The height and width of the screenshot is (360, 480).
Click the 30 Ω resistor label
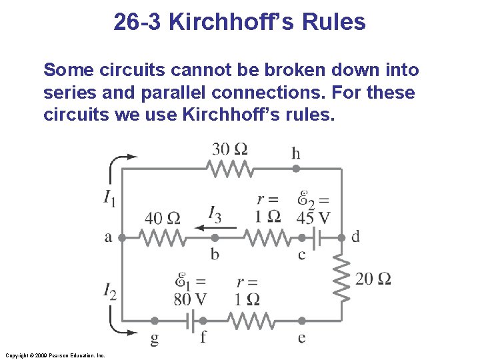pyautogui.click(x=230, y=149)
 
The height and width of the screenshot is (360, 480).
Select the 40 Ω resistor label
pyautogui.click(x=163, y=218)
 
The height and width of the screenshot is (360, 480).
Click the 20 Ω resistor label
pyautogui.click(x=373, y=279)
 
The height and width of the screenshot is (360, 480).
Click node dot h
pyautogui.click(x=296, y=169)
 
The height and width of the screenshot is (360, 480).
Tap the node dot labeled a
pyautogui.click(x=122, y=237)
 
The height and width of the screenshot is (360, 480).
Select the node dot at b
pyautogui.click(x=215, y=237)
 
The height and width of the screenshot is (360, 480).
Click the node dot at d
pyautogui.click(x=341, y=237)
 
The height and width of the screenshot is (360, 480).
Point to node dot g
pyautogui.click(x=155, y=321)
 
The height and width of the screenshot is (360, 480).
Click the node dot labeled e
pyautogui.click(x=301, y=321)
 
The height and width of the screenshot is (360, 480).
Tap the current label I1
pyautogui.click(x=109, y=197)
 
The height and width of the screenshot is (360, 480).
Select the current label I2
pyautogui.click(x=110, y=291)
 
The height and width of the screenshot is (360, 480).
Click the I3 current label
pyautogui.click(x=215, y=214)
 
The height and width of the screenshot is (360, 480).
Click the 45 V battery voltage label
pyautogui.click(x=313, y=218)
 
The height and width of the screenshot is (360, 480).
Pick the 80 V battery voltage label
pyautogui.click(x=190, y=298)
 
